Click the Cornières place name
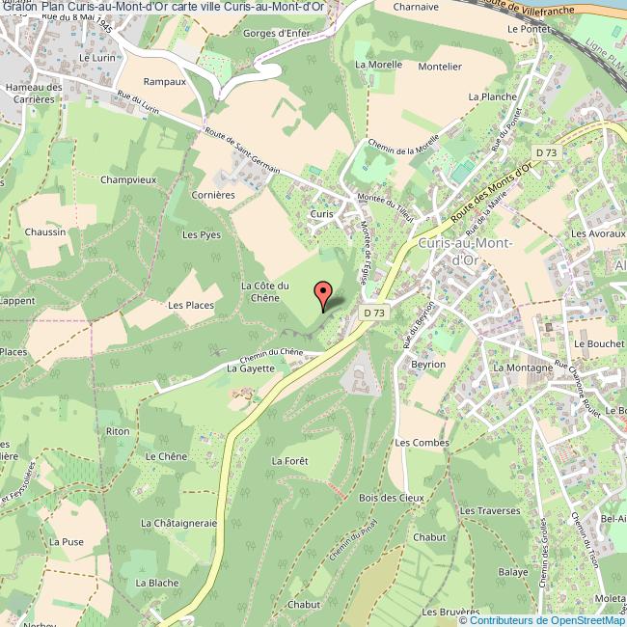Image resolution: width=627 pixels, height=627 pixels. click(x=214, y=194)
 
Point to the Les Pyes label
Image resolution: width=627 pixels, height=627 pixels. click(x=202, y=234)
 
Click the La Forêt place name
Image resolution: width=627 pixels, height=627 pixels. click(x=289, y=461)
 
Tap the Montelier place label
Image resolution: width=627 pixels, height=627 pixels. click(x=441, y=67)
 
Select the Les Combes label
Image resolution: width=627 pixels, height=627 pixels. click(x=423, y=443)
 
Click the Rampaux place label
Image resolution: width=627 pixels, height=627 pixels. click(x=164, y=82)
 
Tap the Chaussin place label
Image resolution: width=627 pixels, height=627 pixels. click(x=46, y=232)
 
